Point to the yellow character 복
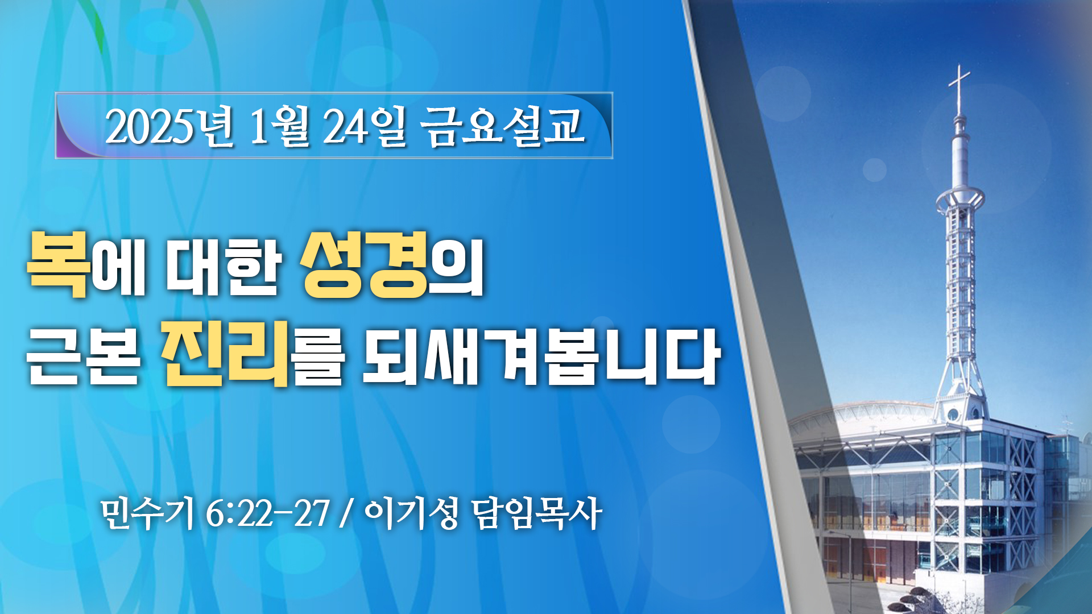coord(59,264)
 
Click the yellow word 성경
coord(365,264)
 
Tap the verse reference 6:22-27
coord(267,515)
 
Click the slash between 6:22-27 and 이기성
coord(345,515)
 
